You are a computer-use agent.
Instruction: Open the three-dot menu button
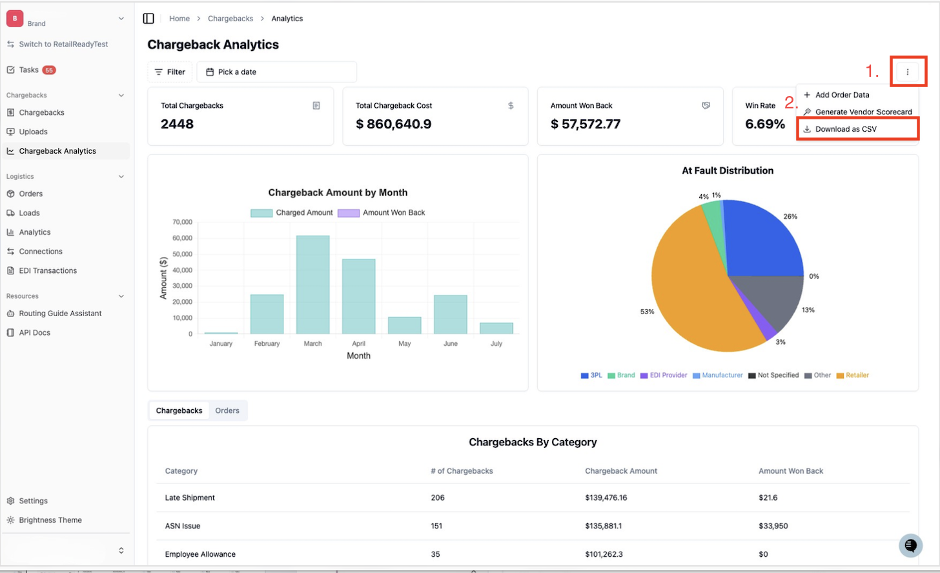point(907,72)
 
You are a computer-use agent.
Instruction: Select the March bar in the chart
point(312,285)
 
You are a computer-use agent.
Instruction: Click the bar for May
point(405,325)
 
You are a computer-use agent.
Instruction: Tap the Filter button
point(170,72)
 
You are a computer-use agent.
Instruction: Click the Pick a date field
point(277,72)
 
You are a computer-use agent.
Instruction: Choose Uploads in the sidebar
point(33,132)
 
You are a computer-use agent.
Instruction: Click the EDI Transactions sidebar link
point(48,270)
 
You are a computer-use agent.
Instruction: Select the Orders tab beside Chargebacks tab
point(227,410)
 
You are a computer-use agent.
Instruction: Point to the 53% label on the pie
point(647,311)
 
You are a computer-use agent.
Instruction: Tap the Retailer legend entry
point(853,375)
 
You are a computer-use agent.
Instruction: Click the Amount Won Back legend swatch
point(349,213)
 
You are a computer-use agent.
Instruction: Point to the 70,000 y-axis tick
point(182,222)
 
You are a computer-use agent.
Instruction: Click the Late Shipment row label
point(190,498)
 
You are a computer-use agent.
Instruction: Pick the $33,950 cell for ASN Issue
point(773,526)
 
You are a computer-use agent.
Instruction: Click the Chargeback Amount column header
point(621,470)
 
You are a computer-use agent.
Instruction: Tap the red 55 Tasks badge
point(49,70)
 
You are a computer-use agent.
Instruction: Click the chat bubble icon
point(910,545)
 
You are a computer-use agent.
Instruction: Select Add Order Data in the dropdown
point(842,95)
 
